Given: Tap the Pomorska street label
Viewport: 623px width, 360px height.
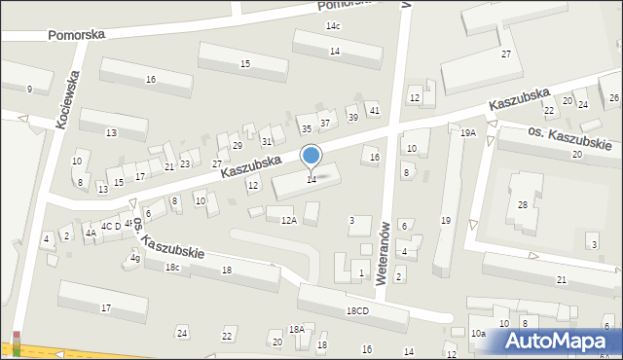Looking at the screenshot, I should (77, 34).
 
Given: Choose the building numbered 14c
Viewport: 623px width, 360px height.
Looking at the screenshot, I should (334, 26).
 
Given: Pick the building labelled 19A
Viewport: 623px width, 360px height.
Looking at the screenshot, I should (468, 132).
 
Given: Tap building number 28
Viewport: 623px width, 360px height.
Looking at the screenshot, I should (523, 204).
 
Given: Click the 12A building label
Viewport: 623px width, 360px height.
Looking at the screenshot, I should (289, 221).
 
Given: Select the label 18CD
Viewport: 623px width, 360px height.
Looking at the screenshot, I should (356, 310).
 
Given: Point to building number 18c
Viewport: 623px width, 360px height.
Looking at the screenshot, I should (172, 267).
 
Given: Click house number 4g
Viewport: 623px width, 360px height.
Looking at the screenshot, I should (135, 258).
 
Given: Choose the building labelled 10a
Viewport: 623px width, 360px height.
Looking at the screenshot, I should (478, 334).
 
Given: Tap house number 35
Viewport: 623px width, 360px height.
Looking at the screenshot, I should (306, 128).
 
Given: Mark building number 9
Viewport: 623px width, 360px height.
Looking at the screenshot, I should (29, 90).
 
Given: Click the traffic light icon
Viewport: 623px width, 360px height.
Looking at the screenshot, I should (16, 343).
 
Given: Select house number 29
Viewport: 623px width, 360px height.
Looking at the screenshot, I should (238, 145).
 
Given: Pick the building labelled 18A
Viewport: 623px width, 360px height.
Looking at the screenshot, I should (296, 330).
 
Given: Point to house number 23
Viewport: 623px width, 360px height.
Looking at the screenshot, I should (184, 164).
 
